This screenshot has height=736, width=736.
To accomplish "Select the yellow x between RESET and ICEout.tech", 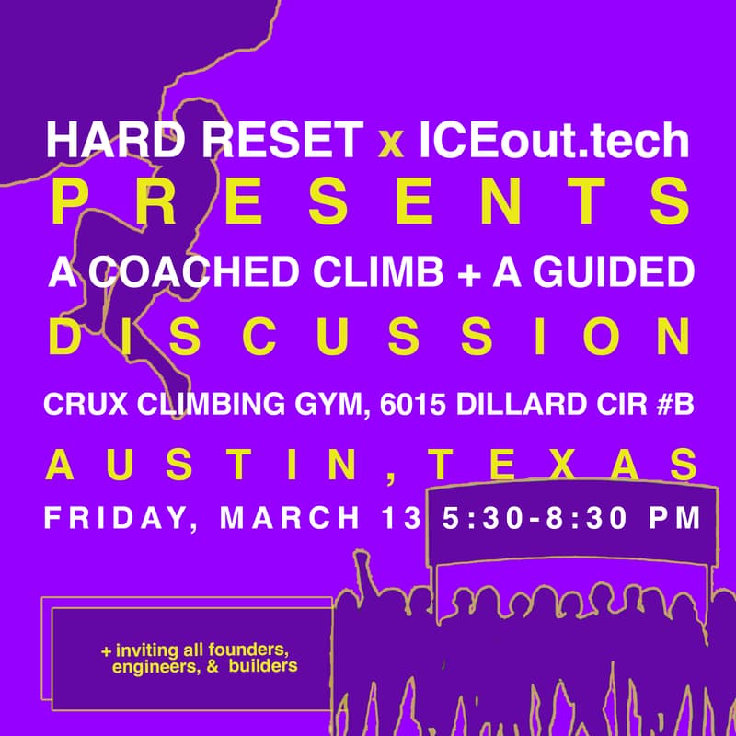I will pyautogui.click(x=392, y=144).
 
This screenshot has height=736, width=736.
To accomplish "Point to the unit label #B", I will pyautogui.click(x=672, y=405).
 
